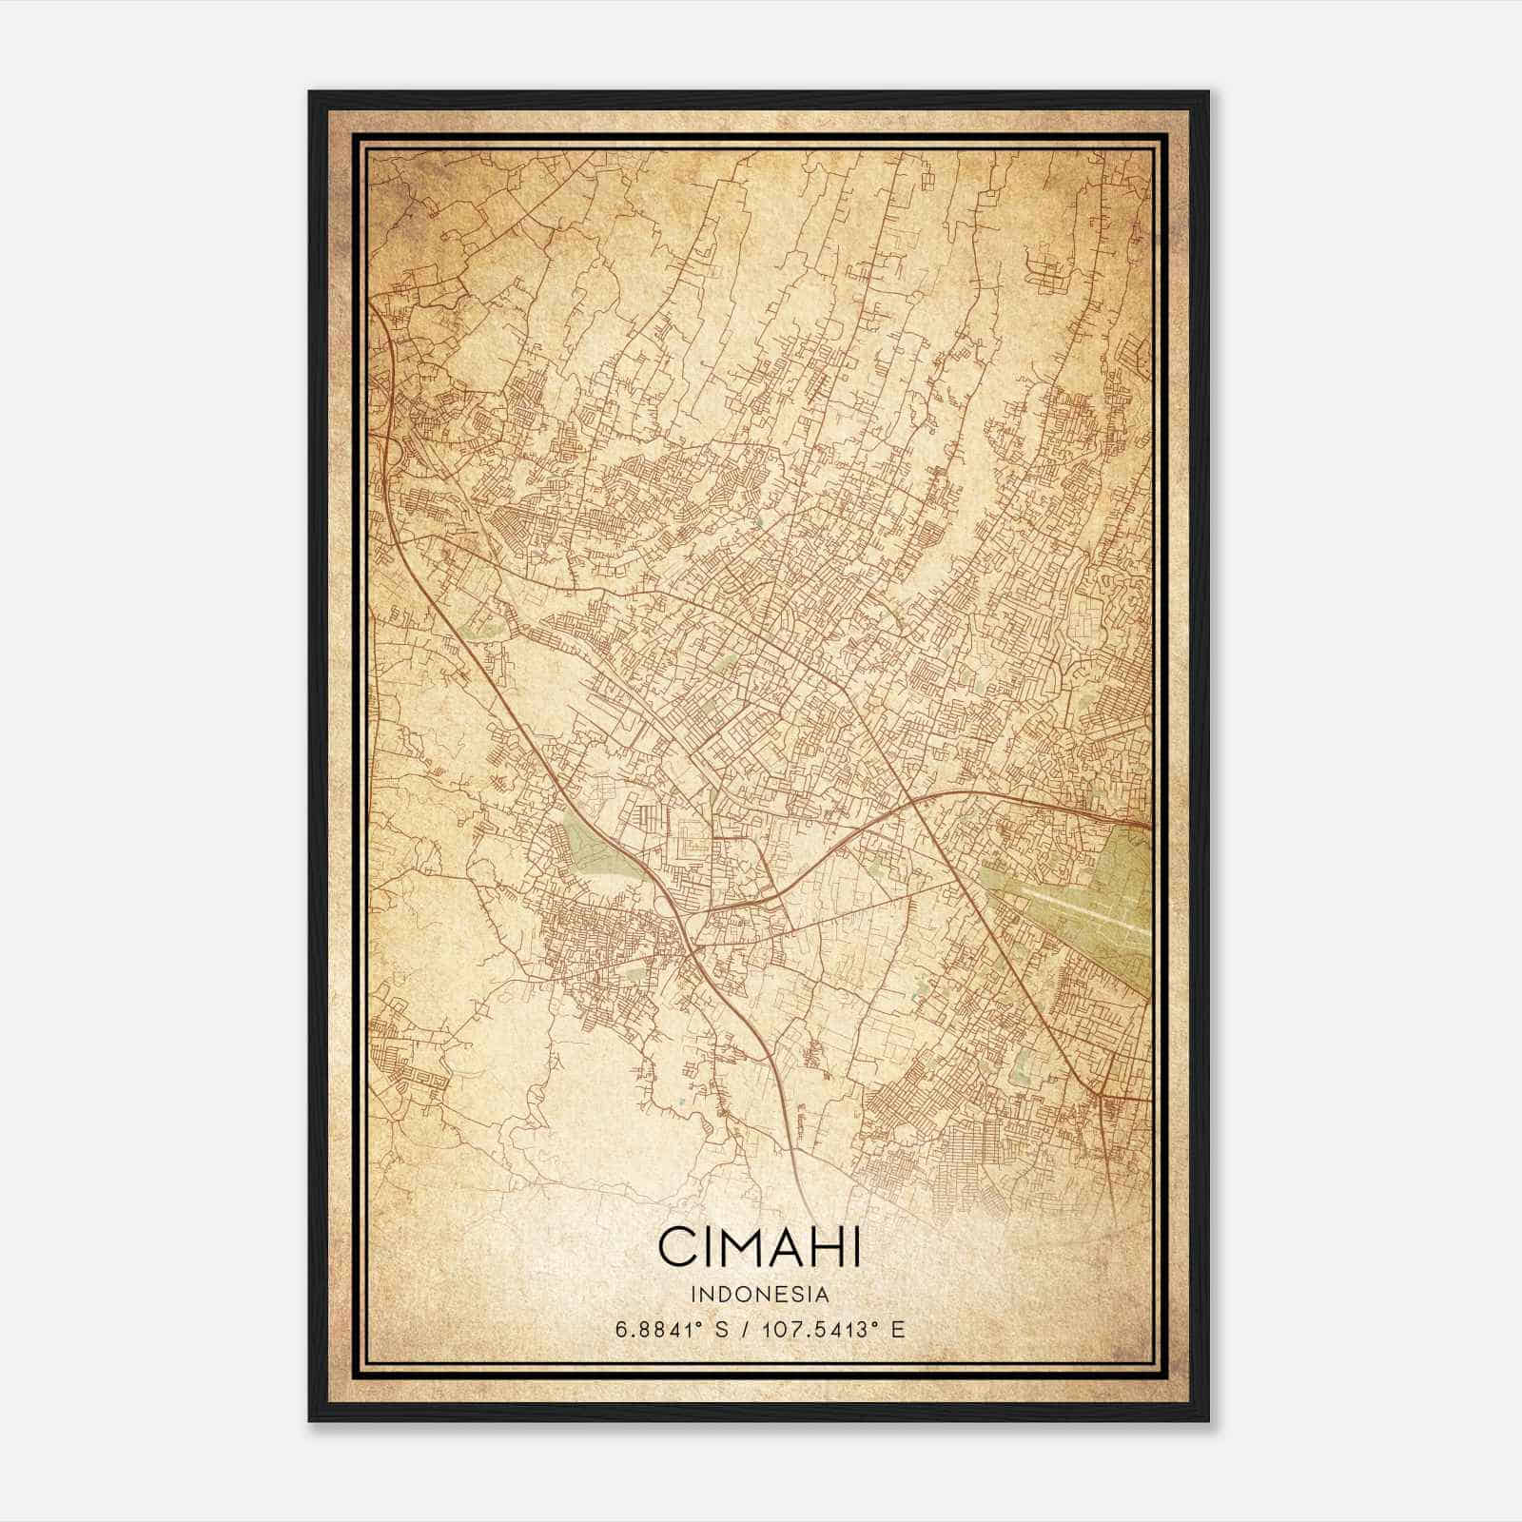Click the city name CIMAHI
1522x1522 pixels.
pyautogui.click(x=759, y=1247)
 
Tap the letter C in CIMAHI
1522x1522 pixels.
pyautogui.click(x=676, y=1247)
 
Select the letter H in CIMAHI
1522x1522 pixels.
pyautogui.click(x=824, y=1247)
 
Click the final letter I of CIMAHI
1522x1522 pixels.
pyautogui.click(x=856, y=1247)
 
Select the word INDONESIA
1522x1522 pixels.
pyautogui.click(x=760, y=1294)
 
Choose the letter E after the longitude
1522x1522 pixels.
pyautogui.click(x=897, y=1329)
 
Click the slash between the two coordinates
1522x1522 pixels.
pyautogui.click(x=742, y=1329)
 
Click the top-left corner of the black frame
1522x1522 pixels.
pyautogui.click(x=310, y=92)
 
